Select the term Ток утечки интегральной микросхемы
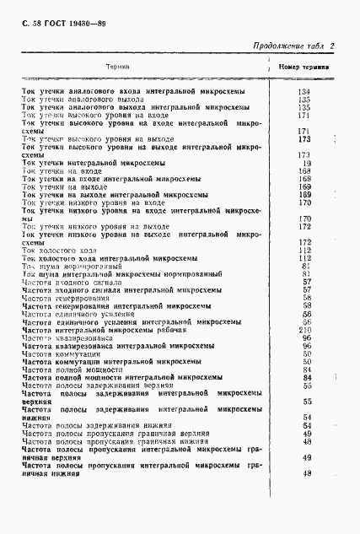96,163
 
